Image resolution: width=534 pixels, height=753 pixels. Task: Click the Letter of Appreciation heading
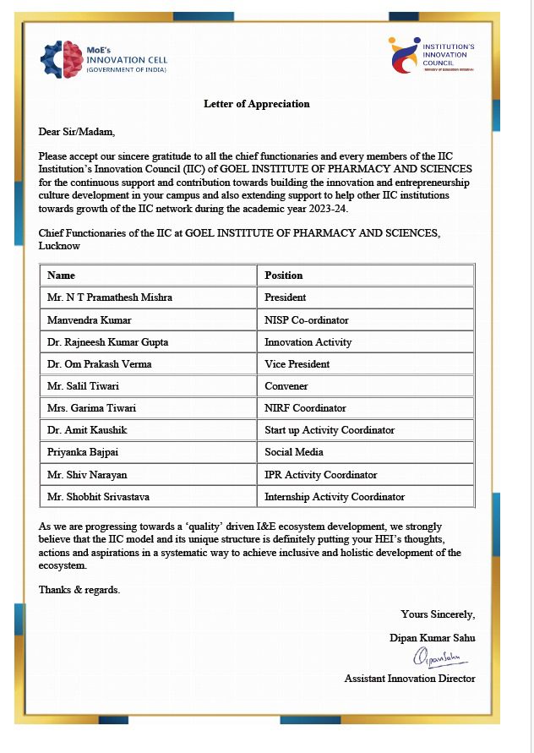[256, 104]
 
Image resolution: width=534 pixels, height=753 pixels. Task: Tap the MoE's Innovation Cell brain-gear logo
[63, 57]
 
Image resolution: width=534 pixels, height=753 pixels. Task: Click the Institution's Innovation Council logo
[403, 56]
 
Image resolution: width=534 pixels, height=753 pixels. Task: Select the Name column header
[61, 276]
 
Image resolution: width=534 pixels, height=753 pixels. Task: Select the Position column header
[283, 276]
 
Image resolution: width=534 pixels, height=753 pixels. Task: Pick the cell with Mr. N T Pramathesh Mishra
[111, 297]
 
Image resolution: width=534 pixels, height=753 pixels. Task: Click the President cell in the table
[286, 297]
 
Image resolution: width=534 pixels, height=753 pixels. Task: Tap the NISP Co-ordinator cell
[306, 320]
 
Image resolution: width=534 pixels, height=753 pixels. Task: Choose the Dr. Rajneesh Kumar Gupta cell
[107, 342]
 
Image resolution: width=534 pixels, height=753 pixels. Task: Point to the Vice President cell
[297, 364]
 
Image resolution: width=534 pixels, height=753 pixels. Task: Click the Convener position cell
[286, 386]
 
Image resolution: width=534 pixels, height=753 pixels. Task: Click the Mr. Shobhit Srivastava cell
[103, 497]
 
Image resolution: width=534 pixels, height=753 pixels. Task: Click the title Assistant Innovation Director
[409, 679]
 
